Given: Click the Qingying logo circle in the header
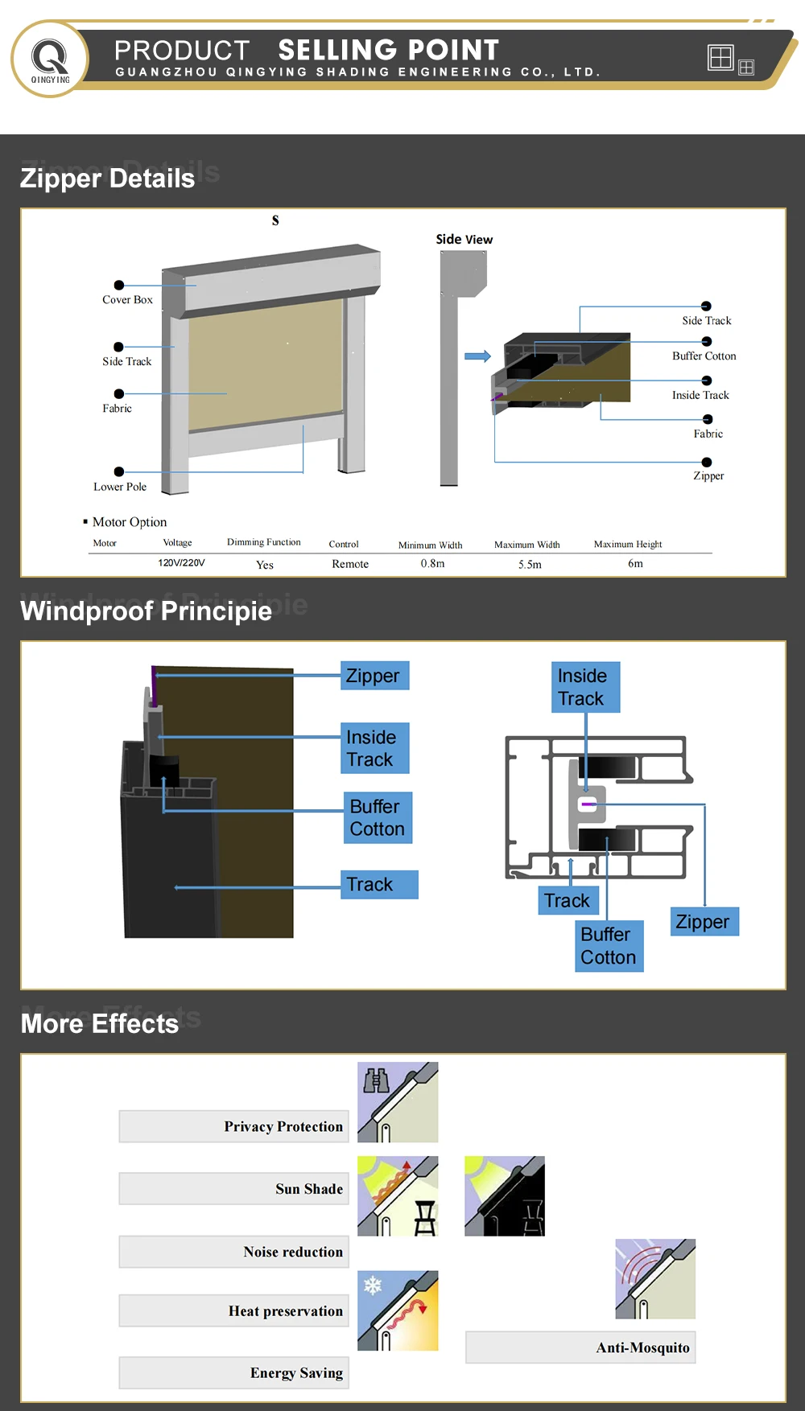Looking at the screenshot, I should (50, 60).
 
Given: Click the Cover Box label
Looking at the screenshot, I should (127, 300).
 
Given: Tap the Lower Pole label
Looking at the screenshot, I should (120, 487).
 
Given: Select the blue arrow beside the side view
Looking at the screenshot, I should (477, 356).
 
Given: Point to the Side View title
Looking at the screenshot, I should (464, 240).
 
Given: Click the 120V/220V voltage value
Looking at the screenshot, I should (181, 563).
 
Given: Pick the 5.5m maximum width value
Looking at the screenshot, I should (530, 565).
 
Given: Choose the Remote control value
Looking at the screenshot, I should (350, 564).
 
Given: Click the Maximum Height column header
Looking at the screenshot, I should (628, 545).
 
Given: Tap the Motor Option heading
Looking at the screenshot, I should (129, 522).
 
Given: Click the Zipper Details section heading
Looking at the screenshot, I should (107, 179).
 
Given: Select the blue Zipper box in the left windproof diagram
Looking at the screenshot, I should (374, 676).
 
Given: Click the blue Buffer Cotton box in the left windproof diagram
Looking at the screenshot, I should (377, 817).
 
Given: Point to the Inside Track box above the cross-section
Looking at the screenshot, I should (585, 687).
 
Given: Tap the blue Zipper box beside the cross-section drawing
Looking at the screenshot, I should (704, 922).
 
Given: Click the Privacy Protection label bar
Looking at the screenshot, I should (233, 1126).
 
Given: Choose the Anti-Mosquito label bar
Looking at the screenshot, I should (580, 1347).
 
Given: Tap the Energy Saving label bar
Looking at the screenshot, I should (233, 1372).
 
